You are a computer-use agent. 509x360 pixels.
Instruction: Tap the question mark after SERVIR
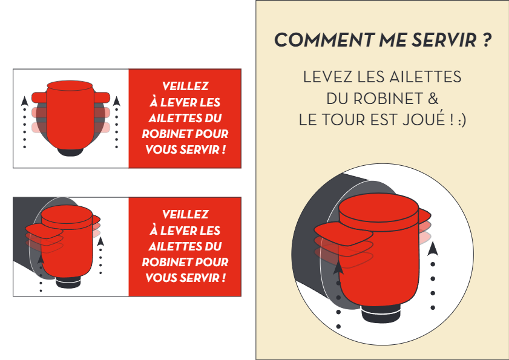[487, 41]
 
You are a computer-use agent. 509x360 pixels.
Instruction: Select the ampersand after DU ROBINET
[432, 98]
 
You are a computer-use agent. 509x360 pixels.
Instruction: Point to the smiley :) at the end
[461, 119]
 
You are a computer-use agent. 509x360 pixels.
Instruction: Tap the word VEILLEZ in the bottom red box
[185, 214]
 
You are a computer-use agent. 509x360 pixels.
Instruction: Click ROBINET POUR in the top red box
[185, 134]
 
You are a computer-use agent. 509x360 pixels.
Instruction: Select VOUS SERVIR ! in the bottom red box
[185, 278]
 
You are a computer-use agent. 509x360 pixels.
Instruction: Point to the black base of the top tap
[71, 151]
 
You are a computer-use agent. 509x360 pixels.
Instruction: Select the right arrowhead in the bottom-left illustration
[100, 241]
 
